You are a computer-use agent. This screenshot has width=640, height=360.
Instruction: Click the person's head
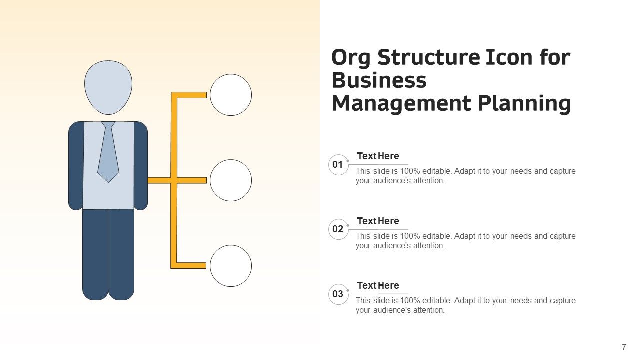pos(108,87)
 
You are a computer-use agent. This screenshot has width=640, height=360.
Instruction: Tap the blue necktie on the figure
pos(108,152)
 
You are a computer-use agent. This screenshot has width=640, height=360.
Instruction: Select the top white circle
pos(231,95)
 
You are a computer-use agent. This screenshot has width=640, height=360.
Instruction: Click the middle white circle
pos(231,180)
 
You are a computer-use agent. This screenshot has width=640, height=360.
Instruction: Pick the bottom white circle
pos(231,266)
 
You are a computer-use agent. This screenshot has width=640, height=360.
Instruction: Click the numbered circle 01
pos(338,165)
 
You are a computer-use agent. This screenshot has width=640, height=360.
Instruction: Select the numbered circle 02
pos(338,230)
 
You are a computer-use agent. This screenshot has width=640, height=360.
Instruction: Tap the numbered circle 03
pos(338,294)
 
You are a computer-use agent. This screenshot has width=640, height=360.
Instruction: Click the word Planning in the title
pos(524,104)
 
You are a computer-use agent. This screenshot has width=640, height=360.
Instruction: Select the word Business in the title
pos(379,81)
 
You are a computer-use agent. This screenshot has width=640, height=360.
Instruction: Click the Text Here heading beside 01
pos(378,156)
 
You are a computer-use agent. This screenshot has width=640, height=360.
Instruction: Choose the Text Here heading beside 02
pos(378,221)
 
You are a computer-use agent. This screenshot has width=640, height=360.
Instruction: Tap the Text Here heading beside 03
pos(378,286)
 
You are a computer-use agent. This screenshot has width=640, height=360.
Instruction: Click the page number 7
pos(624,347)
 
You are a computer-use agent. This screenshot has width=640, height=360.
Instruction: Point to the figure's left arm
pos(76,165)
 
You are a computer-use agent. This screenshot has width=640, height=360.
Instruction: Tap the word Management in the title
pos(401,104)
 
